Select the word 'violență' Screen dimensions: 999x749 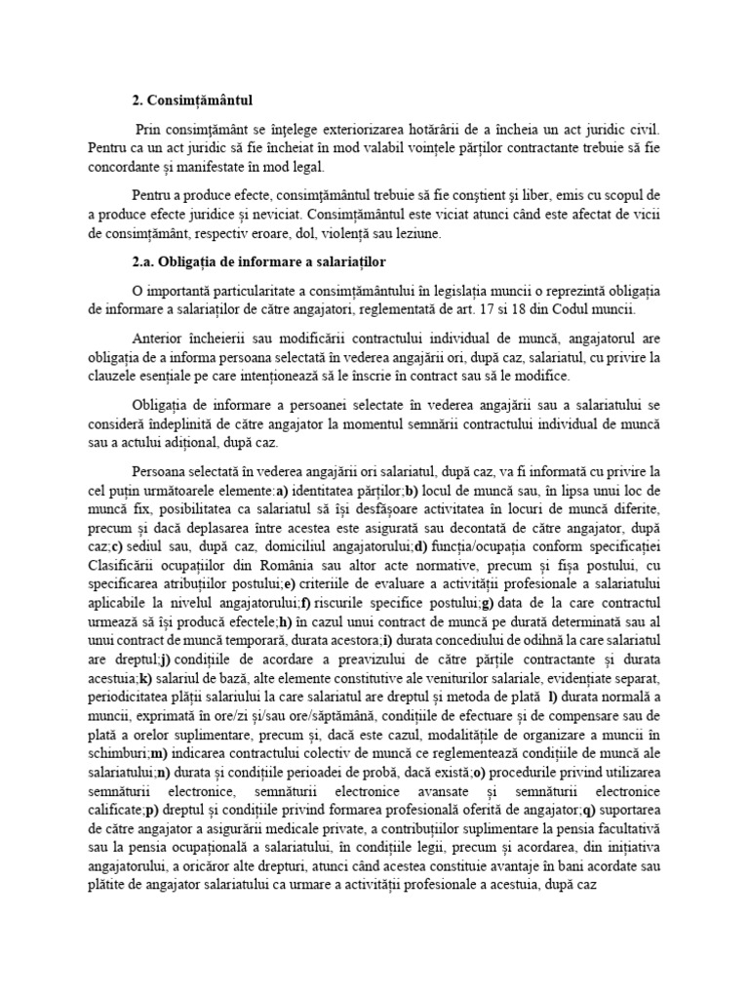329,234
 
